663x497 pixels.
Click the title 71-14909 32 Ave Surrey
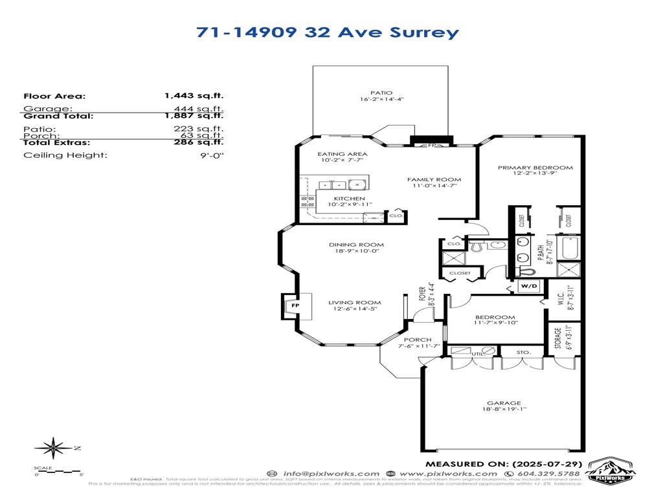coord(328,32)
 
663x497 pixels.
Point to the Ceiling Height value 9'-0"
coord(212,155)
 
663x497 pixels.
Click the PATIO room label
coord(381,93)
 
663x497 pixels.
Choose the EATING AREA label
coord(343,154)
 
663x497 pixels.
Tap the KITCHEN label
coord(349,198)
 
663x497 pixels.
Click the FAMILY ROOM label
coord(434,179)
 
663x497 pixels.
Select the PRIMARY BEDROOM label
coord(535,168)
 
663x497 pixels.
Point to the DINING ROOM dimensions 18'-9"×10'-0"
coord(356,251)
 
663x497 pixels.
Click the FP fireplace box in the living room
coord(295,304)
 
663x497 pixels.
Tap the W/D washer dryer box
coord(529,285)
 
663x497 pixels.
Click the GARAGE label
coord(504,403)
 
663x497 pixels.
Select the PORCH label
coord(418,340)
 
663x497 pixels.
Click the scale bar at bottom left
coord(58,472)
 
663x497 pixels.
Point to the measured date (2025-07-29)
coord(548,463)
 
